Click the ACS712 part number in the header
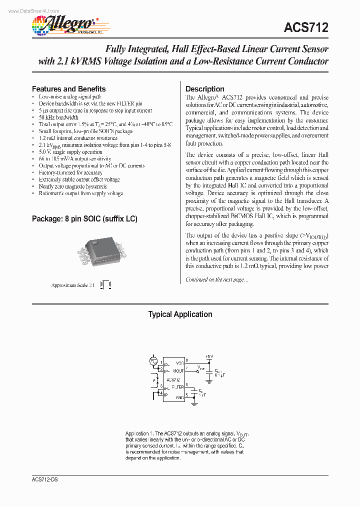[306, 28]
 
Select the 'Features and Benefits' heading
[68, 89]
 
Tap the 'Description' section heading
[205, 89]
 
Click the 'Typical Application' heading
[180, 314]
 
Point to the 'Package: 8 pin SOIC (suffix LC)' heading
[84, 219]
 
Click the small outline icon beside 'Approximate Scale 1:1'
[105, 285]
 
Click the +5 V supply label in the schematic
[209, 356]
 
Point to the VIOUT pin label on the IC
[178, 371]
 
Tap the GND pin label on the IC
[179, 397]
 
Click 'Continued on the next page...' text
[216, 280]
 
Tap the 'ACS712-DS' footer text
[38, 478]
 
